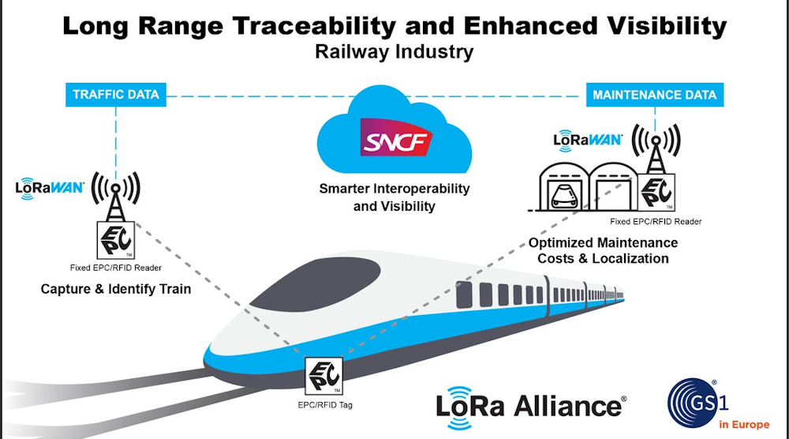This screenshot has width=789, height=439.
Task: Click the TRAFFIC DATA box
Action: tap(116, 95)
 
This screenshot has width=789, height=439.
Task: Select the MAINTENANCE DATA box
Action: tap(654, 95)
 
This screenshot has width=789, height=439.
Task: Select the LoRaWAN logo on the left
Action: tap(50, 189)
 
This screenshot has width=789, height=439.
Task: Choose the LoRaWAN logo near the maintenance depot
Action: tap(588, 141)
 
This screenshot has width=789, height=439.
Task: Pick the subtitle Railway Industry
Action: tap(394, 53)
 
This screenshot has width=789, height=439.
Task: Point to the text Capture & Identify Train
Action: tap(116, 289)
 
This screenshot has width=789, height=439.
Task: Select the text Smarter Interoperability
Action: tap(394, 189)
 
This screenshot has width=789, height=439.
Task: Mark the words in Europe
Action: tap(743, 424)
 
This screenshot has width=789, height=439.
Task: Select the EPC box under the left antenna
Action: tap(116, 237)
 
